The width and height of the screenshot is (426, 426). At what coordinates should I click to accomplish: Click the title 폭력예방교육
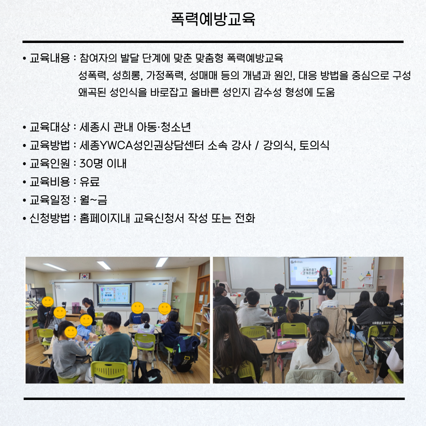[x=213, y=19]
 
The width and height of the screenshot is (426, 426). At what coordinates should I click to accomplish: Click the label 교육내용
[x=50, y=58]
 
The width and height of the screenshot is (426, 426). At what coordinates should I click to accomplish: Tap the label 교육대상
[x=50, y=127]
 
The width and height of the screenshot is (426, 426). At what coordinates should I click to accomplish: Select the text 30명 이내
[x=103, y=163]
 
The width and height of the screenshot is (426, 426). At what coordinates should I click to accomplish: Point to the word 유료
[x=90, y=181]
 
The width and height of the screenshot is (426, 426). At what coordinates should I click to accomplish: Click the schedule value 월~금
[x=93, y=200]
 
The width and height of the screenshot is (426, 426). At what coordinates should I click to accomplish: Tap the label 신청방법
[x=50, y=218]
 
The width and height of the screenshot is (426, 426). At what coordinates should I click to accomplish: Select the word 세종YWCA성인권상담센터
[x=142, y=145]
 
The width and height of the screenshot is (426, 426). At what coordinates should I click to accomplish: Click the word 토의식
[x=314, y=145]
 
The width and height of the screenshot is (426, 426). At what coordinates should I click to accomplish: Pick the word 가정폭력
[x=166, y=75]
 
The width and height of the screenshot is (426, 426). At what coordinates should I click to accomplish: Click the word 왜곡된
[x=92, y=92]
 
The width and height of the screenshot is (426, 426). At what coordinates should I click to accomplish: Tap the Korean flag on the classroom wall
[x=84, y=276]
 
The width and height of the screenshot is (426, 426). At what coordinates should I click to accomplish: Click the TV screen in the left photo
[x=114, y=294]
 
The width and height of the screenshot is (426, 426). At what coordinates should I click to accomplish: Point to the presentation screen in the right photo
[x=313, y=271]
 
